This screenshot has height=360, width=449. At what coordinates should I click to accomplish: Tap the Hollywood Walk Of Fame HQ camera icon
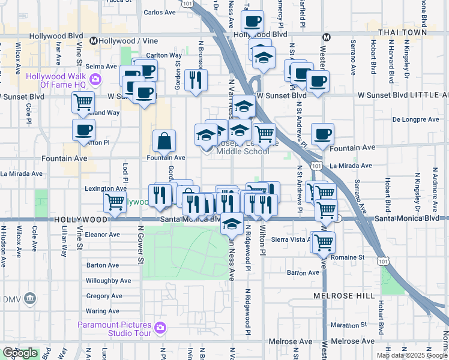[x=95, y=79]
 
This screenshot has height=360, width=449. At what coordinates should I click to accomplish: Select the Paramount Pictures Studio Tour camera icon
[x=160, y=327]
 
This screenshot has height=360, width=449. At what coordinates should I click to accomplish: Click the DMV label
[x=13, y=299]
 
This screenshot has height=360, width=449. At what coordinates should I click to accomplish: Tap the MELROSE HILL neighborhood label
[x=344, y=296]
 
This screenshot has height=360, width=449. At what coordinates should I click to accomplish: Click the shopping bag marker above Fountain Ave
[x=164, y=142]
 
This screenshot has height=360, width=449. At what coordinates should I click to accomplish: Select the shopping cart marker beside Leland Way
[x=83, y=102]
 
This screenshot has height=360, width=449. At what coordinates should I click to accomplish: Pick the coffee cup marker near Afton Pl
[x=83, y=130]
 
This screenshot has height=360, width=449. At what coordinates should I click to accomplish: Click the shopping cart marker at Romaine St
[x=324, y=242]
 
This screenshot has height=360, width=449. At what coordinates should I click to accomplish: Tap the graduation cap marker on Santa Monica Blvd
[x=231, y=224]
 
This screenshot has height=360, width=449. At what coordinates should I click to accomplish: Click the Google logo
[x=20, y=353]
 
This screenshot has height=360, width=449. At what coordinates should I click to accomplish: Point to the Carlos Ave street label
[x=160, y=12]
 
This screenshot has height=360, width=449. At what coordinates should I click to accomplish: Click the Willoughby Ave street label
[x=108, y=280]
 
